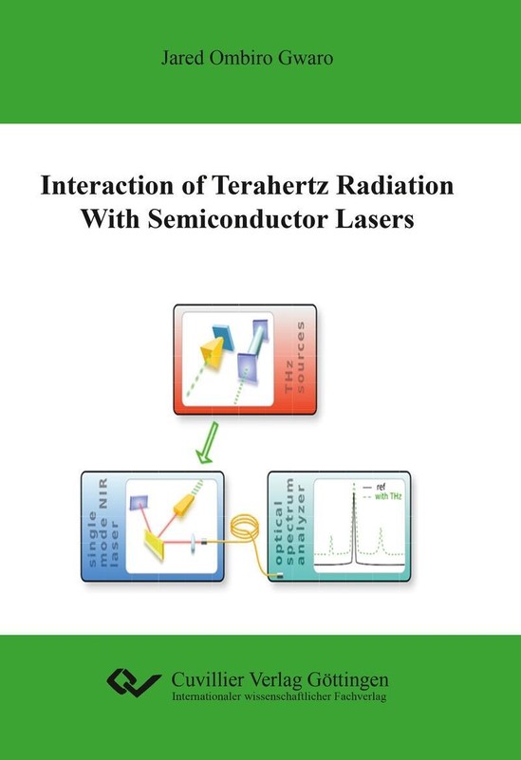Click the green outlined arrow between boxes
point(208,442)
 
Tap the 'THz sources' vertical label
point(295,357)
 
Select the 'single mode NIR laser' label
point(102,524)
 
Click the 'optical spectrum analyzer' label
point(289,522)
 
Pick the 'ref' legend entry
point(375,487)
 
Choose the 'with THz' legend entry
point(381,496)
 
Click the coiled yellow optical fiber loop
point(244,528)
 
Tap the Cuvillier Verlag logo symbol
point(133,682)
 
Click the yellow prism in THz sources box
point(213,351)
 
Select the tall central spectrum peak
point(354,524)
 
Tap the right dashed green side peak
point(381,541)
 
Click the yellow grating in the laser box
point(155,545)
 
